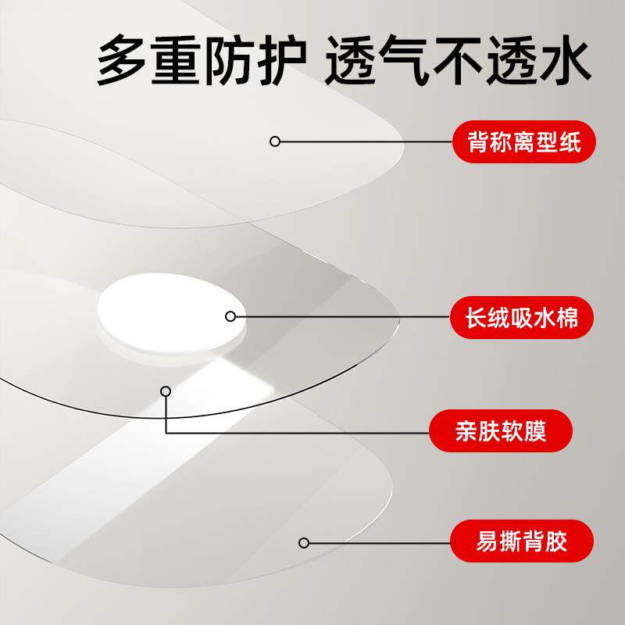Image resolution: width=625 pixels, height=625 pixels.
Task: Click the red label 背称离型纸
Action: click(x=523, y=141)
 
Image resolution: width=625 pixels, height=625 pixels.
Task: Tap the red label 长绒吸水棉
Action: click(x=523, y=316)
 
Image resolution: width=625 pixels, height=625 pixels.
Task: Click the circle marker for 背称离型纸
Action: click(x=274, y=141)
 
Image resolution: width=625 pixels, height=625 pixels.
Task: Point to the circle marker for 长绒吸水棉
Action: click(x=230, y=316)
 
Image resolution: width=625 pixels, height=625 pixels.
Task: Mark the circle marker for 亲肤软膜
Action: click(x=165, y=391)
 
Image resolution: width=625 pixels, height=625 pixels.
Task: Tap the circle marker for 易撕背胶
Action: click(x=305, y=542)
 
